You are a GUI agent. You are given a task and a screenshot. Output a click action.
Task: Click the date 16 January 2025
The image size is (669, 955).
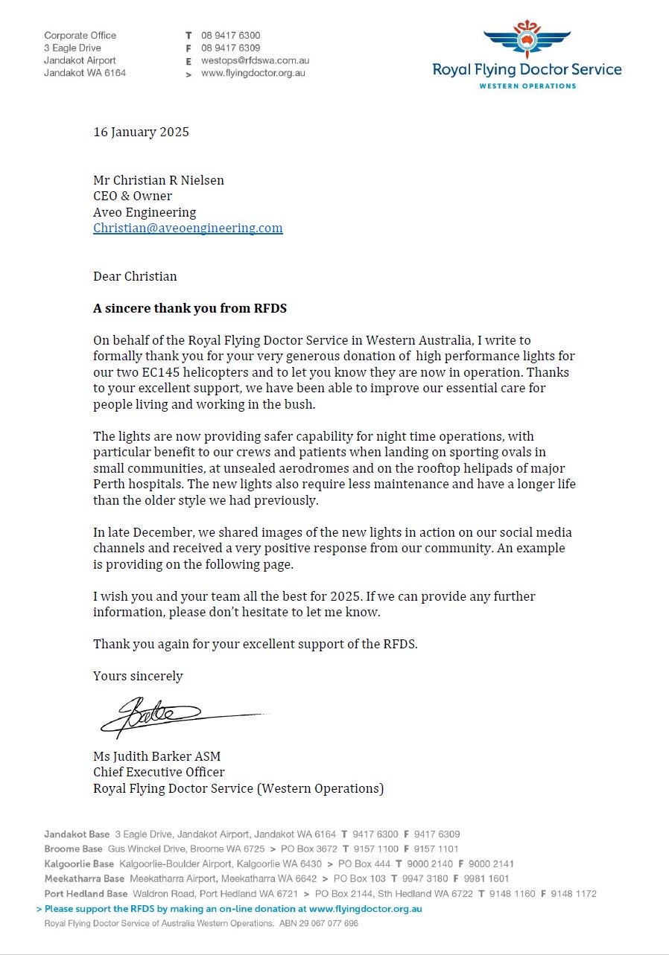141,132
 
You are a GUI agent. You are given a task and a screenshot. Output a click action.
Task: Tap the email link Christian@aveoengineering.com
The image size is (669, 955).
188,229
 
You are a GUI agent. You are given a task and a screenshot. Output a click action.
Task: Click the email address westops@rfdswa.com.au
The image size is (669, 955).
255,61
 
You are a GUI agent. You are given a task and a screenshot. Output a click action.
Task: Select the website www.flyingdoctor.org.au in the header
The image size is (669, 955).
253,74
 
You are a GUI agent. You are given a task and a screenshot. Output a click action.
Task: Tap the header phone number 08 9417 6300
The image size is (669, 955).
230,36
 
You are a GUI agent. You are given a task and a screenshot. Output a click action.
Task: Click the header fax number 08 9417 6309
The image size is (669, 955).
230,48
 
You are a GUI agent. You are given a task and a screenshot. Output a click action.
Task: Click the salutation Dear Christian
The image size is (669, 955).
135,277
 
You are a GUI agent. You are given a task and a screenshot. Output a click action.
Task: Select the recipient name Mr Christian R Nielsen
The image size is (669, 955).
159,181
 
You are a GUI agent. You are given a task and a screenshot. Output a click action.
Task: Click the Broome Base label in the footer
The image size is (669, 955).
73,849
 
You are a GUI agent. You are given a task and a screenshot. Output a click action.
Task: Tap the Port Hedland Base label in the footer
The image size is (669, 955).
86,894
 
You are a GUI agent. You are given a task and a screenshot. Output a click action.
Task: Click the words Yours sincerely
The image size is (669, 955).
138,677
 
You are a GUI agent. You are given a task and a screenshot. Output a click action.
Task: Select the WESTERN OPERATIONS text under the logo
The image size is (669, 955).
527,86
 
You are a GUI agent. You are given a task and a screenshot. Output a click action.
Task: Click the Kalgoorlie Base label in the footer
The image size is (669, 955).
79,864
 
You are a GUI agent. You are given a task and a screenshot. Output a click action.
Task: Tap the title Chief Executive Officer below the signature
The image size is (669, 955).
159,773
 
